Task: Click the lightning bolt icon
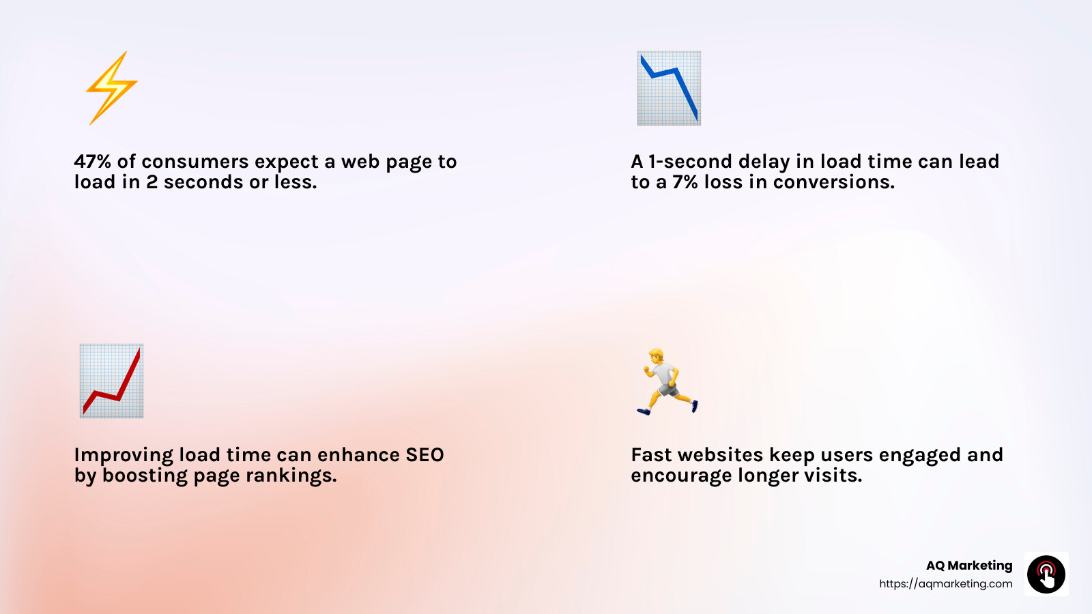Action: pyautogui.click(x=111, y=87)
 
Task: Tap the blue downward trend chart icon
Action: pyautogui.click(x=669, y=88)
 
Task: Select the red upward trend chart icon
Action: pyautogui.click(x=111, y=381)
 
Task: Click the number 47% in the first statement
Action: pyautogui.click(x=92, y=162)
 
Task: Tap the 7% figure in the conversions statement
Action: pyautogui.click(x=685, y=182)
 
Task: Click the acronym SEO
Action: pyautogui.click(x=425, y=455)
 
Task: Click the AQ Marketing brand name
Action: pyautogui.click(x=968, y=566)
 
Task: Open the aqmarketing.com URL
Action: pyautogui.click(x=945, y=584)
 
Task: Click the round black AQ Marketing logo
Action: pyautogui.click(x=1046, y=574)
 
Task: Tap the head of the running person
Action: pyautogui.click(x=656, y=355)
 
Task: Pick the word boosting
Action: pyautogui.click(x=145, y=476)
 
